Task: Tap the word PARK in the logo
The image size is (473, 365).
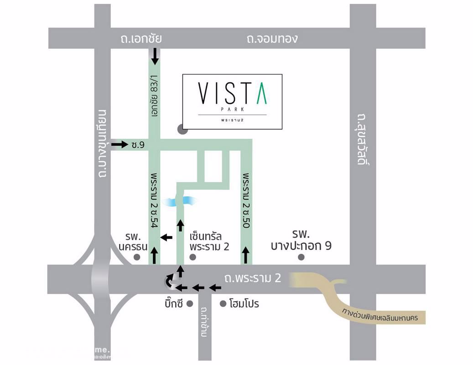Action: tap(232, 109)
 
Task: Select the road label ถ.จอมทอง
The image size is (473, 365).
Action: tap(272, 38)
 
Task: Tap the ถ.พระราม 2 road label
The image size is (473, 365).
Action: tap(252, 278)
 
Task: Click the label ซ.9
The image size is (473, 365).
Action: tap(137, 145)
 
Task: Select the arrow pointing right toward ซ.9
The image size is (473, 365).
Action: tap(120, 145)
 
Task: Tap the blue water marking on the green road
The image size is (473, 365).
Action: tap(181, 201)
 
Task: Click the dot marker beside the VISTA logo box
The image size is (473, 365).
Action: tap(182, 129)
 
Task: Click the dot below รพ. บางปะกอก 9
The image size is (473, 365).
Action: tap(301, 257)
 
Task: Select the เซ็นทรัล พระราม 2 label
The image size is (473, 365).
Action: tap(208, 241)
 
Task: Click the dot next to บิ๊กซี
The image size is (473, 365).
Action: tap(190, 303)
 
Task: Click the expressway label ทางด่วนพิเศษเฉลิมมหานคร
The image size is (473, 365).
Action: tap(382, 317)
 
